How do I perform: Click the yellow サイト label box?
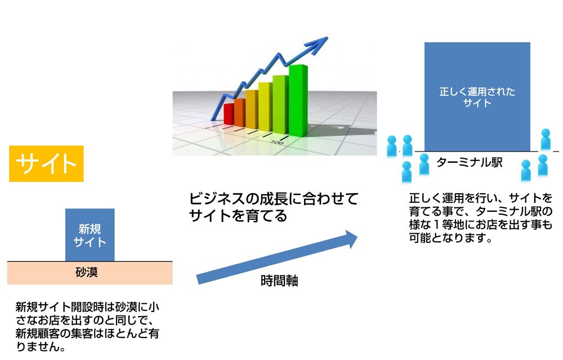point(46,163)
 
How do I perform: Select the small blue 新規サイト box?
point(90,235)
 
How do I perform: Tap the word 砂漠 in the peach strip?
point(87,272)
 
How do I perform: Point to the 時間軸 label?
point(279,281)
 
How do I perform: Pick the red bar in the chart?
point(229,114)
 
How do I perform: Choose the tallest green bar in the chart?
point(298,101)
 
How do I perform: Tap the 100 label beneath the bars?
point(276,143)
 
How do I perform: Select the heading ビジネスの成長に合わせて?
point(274,199)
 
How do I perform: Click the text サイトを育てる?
point(238,216)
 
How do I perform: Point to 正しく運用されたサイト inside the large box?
point(477,97)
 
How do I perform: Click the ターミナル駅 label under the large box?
point(470,163)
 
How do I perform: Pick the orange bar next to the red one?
point(239,113)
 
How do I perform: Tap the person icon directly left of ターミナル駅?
point(424,164)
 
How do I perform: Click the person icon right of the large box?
point(546,139)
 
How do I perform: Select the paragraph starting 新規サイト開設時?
point(87,327)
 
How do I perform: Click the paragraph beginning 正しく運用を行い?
point(480,218)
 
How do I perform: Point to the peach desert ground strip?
point(90,273)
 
